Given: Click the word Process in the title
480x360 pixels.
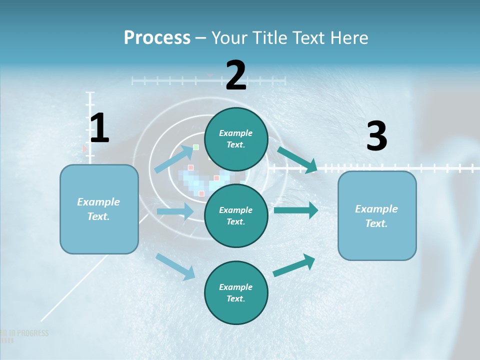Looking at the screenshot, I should (x=157, y=37).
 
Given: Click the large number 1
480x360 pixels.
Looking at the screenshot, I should (x=99, y=128).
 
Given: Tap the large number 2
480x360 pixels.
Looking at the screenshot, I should (x=236, y=75).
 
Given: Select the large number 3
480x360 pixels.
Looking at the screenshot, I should (x=376, y=136).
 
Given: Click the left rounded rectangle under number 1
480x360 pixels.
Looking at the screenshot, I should (x=99, y=209).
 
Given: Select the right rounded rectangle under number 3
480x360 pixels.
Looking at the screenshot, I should (x=377, y=215).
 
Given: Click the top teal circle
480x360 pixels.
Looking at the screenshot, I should (x=236, y=139).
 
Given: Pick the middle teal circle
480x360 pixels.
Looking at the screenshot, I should (x=236, y=215).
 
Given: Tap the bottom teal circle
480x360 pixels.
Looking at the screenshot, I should (x=236, y=292).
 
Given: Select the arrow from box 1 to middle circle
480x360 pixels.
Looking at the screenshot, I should (x=175, y=211).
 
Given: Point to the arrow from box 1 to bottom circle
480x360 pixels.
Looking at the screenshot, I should (x=175, y=266).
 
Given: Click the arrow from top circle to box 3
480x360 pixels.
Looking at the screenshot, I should (x=297, y=159).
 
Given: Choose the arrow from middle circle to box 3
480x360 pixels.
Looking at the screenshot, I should (x=296, y=210).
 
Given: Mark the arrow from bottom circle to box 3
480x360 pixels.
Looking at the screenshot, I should (x=294, y=265).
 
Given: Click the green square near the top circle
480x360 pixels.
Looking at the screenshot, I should (x=196, y=147).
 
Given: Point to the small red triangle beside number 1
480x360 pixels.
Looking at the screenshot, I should (x=84, y=148).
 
